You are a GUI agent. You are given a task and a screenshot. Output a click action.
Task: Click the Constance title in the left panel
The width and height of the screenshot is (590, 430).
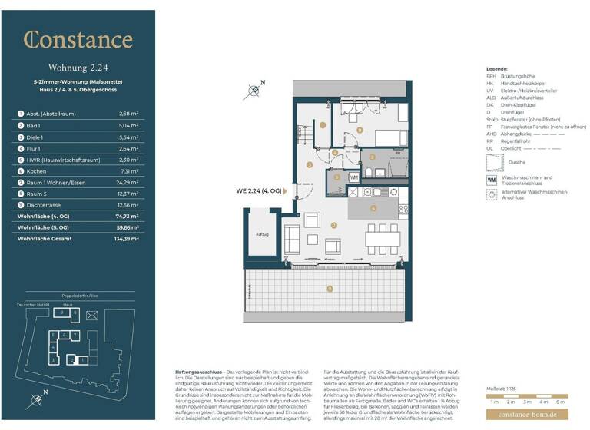78,40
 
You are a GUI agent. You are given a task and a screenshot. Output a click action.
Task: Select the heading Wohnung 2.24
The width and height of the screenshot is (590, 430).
78,67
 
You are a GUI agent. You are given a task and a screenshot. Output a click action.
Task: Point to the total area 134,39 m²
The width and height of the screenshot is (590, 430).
125,239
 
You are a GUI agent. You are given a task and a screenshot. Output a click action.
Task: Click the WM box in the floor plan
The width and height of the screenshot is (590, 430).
354,177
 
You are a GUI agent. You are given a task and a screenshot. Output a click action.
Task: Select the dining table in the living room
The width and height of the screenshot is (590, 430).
382,239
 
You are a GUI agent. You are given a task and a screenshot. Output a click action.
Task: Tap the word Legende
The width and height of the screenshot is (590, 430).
498,69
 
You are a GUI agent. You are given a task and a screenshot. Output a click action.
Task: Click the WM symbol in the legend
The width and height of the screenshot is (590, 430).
492,179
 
